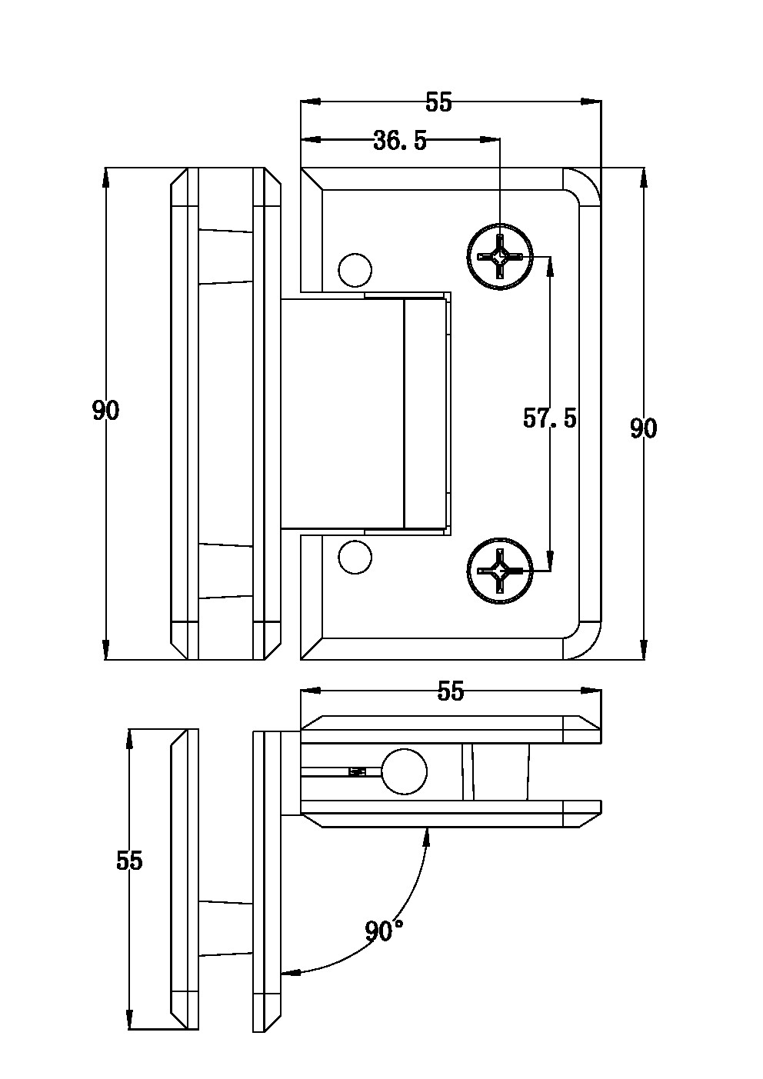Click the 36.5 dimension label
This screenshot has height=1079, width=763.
[399, 141]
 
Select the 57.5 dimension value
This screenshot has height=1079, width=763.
[549, 418]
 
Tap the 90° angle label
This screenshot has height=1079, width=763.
[385, 931]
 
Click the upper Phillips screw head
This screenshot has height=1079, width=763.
[500, 256]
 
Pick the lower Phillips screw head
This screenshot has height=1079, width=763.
[500, 571]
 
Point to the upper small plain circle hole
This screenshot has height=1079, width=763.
[355, 269]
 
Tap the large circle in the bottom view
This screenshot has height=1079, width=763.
[404, 771]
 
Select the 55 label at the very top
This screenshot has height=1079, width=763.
[439, 102]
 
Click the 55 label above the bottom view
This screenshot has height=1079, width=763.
[451, 691]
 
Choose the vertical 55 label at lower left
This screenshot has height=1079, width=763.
[129, 861]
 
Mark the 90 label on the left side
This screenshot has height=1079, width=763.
[105, 411]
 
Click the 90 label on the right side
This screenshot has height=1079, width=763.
[644, 428]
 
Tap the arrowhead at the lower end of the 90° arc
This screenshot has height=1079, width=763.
[288, 973]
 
